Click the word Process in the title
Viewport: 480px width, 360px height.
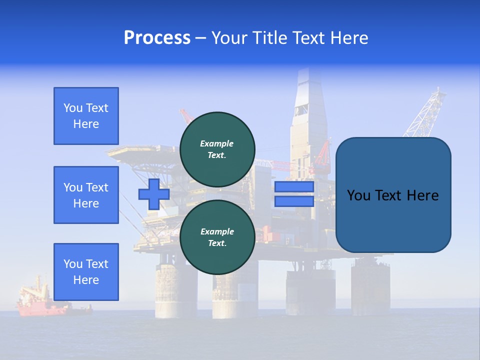point(157,38)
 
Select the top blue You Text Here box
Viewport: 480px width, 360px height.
point(86,116)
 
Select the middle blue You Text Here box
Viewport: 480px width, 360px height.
point(86,195)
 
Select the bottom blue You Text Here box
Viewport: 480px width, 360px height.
point(86,271)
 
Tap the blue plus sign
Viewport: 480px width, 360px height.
point(153,194)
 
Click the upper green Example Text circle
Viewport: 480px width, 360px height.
point(217,149)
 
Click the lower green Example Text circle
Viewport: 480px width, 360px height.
point(217,237)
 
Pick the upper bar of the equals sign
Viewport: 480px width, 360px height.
point(294,187)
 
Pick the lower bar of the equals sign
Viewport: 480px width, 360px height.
point(294,201)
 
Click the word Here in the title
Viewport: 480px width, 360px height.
point(350,38)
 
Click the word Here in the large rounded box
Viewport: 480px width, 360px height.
point(422,195)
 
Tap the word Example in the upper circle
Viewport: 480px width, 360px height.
point(217,143)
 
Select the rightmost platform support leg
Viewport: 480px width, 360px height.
point(370,285)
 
